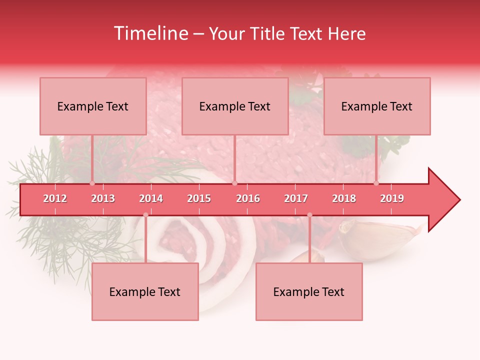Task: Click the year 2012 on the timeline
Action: click(x=55, y=198)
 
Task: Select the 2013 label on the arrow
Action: click(x=103, y=198)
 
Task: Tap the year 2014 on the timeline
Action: click(x=151, y=198)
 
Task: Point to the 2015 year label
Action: click(x=199, y=198)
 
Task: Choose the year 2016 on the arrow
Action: click(x=248, y=198)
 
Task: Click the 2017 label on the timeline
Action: click(x=296, y=198)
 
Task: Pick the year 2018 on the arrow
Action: click(x=344, y=198)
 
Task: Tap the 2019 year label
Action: click(x=392, y=198)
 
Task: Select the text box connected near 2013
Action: click(x=93, y=106)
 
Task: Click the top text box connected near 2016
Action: click(x=235, y=106)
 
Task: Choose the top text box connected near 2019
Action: click(x=377, y=106)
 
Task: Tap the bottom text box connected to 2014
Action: click(x=145, y=291)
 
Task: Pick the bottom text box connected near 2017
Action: click(x=309, y=291)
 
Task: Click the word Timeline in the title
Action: click(x=150, y=33)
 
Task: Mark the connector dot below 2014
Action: click(x=145, y=215)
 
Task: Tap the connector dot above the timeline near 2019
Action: click(x=376, y=183)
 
